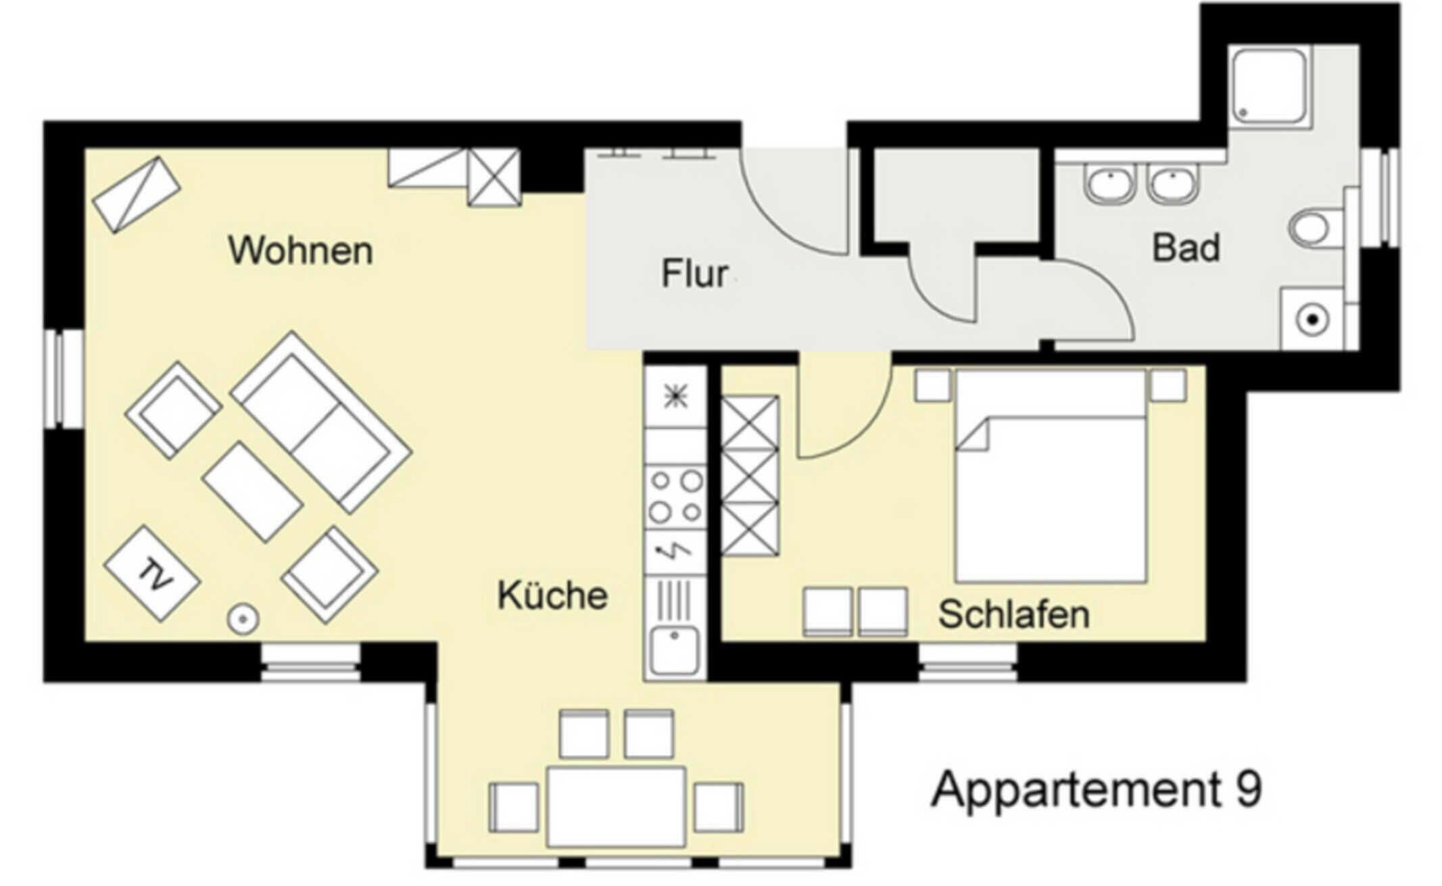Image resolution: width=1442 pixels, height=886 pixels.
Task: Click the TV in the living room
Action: (x=152, y=574)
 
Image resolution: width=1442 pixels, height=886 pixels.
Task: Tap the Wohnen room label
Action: (x=300, y=251)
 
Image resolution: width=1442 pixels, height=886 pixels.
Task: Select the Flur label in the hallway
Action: (x=694, y=274)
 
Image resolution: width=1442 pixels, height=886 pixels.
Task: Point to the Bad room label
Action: (x=1186, y=248)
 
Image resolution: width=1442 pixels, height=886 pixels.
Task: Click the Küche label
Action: (x=552, y=595)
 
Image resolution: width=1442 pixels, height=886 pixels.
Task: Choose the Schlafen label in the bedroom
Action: (x=1013, y=614)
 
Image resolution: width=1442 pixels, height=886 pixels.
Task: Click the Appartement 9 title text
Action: (x=1096, y=789)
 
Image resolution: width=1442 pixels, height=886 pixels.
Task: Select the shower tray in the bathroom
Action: (x=1269, y=85)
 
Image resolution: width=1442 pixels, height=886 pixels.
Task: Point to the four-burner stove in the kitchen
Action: (x=675, y=497)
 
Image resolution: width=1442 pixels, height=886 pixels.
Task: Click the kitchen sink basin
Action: (x=674, y=649)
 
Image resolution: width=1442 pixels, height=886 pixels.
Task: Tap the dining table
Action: (x=616, y=806)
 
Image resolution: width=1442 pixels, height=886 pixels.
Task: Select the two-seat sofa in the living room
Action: (x=320, y=422)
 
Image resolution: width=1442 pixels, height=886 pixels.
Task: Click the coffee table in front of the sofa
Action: (x=251, y=491)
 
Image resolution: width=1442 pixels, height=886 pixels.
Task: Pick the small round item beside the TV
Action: (x=243, y=618)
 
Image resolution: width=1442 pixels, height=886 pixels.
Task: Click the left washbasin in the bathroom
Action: (x=1109, y=183)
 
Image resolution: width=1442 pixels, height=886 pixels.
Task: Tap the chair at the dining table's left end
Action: (x=514, y=807)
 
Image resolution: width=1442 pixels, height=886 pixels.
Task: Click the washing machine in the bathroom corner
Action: (x=1312, y=320)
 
